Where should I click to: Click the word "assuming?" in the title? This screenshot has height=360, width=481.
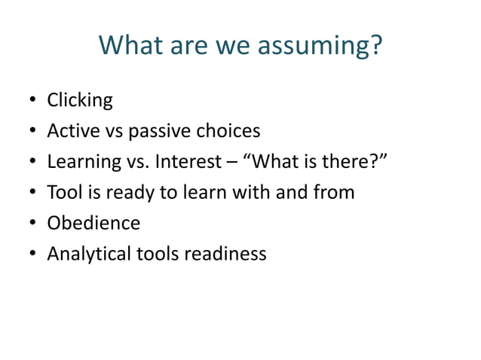320,47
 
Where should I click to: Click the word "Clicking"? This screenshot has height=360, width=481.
80,100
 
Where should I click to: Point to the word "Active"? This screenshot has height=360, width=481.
73,130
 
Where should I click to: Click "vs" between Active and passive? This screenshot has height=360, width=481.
113,131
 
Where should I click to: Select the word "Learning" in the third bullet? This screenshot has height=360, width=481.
83,162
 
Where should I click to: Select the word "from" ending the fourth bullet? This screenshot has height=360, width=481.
334,192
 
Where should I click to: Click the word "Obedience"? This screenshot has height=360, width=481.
93,223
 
